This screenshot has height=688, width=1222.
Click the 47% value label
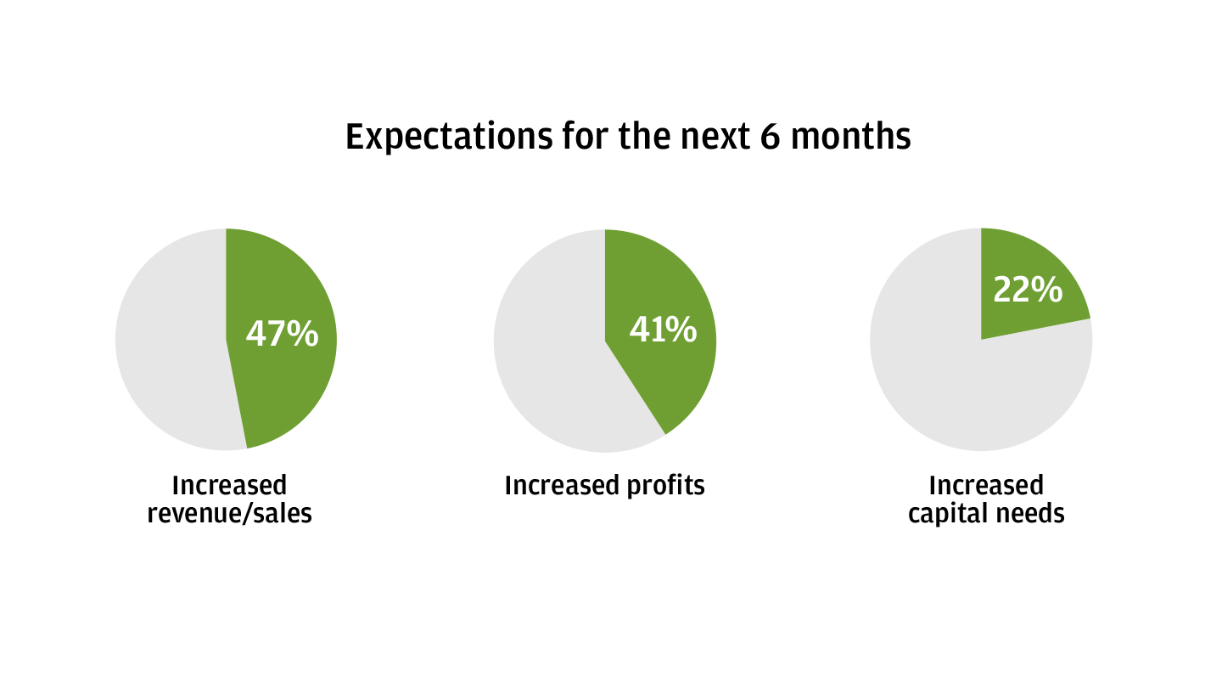click(282, 334)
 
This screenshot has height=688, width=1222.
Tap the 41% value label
click(663, 330)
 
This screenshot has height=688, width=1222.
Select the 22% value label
click(1028, 290)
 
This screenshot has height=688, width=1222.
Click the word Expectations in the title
click(450, 137)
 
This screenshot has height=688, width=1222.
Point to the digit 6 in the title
click(770, 136)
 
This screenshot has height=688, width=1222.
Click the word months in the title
click(851, 136)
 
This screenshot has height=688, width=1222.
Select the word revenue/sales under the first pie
click(230, 514)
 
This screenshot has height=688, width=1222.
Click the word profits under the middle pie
click(665, 486)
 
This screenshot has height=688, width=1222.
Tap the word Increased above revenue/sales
click(230, 486)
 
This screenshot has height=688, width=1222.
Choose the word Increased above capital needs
click(986, 486)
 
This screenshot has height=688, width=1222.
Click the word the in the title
click(645, 136)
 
